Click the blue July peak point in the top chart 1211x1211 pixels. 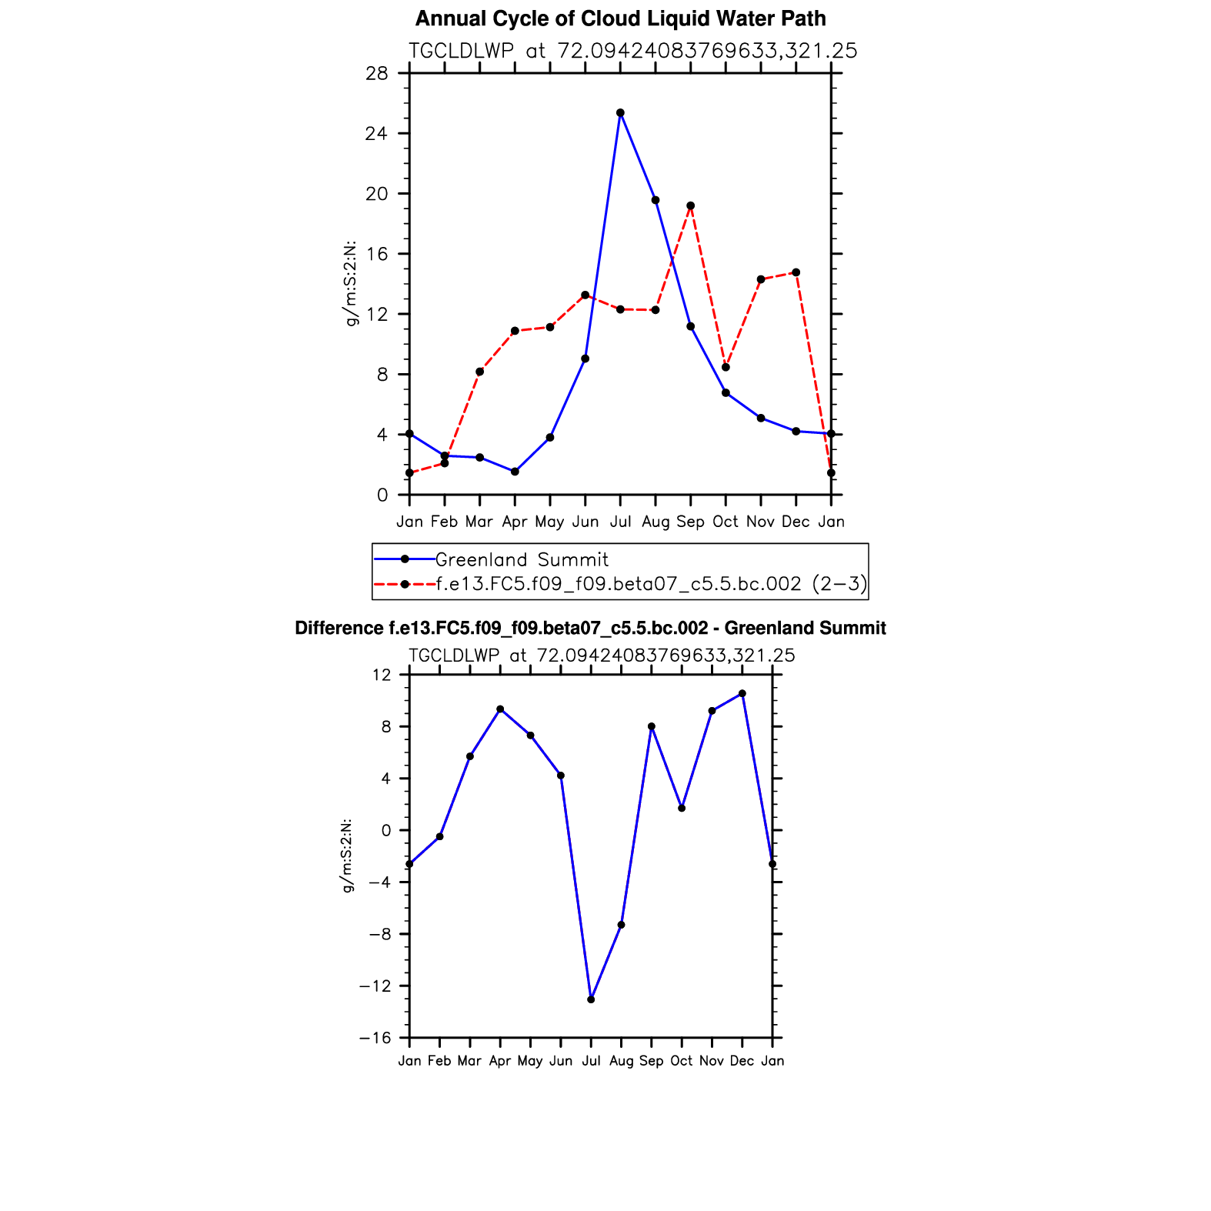pyautogui.click(x=620, y=113)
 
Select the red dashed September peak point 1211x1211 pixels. pyautogui.click(x=691, y=205)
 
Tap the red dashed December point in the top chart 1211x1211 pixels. pyautogui.click(x=796, y=272)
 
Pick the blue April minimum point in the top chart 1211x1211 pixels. pyautogui.click(x=515, y=472)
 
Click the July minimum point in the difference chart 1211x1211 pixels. pyautogui.click(x=591, y=999)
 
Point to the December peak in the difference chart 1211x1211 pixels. pyautogui.click(x=742, y=693)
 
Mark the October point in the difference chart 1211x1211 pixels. pyautogui.click(x=682, y=808)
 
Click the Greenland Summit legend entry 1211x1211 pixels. pyautogui.click(x=522, y=559)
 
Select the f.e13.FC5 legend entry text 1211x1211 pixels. pyautogui.click(x=651, y=584)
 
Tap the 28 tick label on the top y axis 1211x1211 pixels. pyautogui.click(x=377, y=74)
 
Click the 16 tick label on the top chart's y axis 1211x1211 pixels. pyautogui.click(x=377, y=254)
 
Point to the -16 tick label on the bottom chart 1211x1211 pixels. pyautogui.click(x=375, y=1038)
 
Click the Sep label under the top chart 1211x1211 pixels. pyautogui.click(x=691, y=522)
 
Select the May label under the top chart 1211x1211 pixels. pyautogui.click(x=550, y=522)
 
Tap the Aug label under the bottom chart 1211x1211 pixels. pyautogui.click(x=621, y=1061)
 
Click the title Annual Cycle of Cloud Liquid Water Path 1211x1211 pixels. pyautogui.click(x=621, y=18)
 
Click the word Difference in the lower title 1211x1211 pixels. pyautogui.click(x=339, y=629)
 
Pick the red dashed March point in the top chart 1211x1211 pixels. pyautogui.click(x=480, y=372)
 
